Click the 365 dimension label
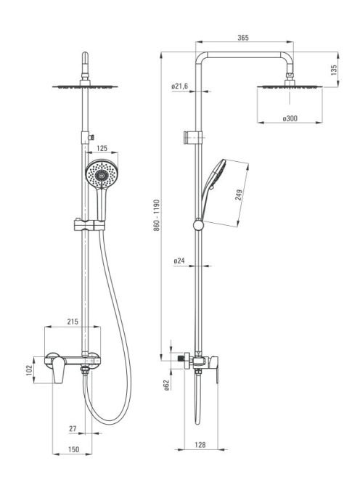(243, 38)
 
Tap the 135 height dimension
(334, 70)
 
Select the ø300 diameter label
(290, 118)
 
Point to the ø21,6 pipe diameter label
(179, 86)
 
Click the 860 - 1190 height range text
(157, 215)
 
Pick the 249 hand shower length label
(239, 195)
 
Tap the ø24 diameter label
(179, 261)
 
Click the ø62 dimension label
(166, 385)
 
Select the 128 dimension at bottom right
(200, 444)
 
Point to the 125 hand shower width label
(102, 148)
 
